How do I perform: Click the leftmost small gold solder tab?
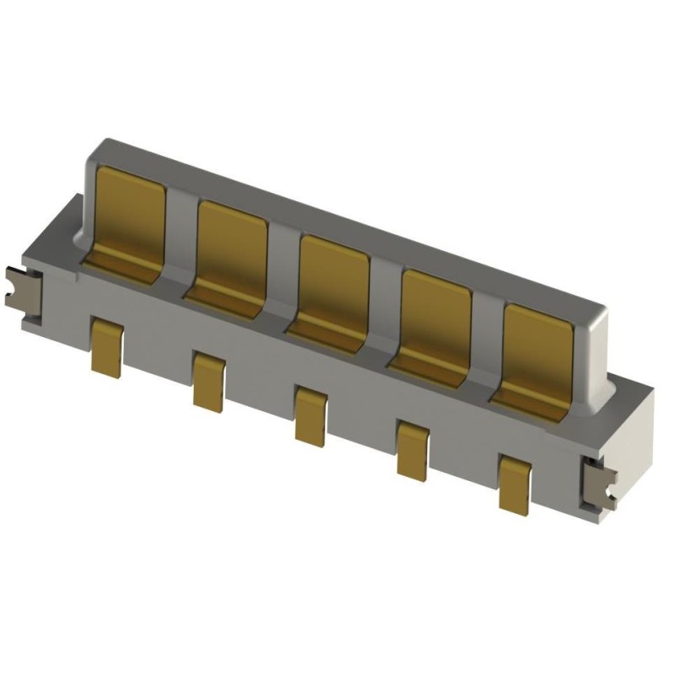107,345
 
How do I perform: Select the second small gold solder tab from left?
209,381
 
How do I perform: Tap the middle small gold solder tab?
311,415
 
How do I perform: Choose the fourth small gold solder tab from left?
413,449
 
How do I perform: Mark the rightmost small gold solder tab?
515,484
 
